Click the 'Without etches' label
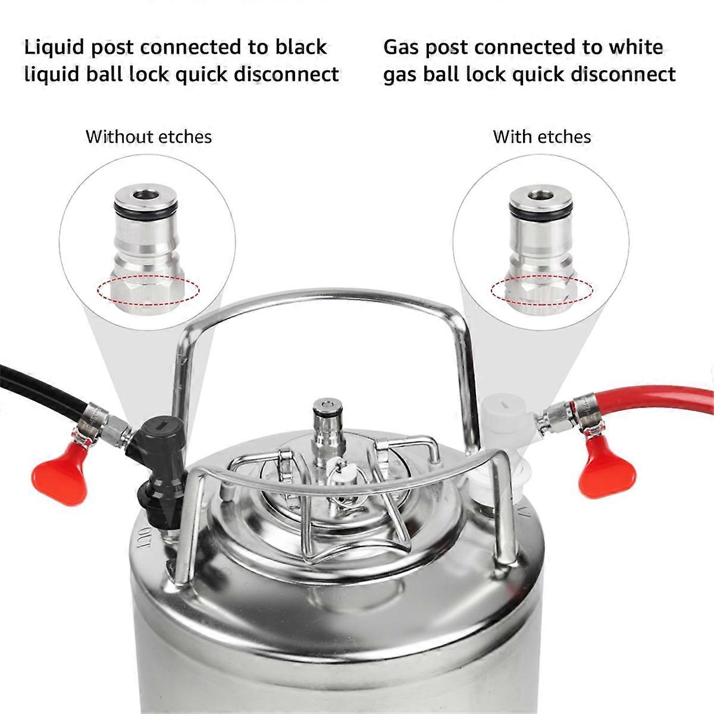pyautogui.click(x=148, y=137)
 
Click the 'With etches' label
pyautogui.click(x=541, y=137)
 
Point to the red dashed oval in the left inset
pyautogui.click(x=148, y=292)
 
